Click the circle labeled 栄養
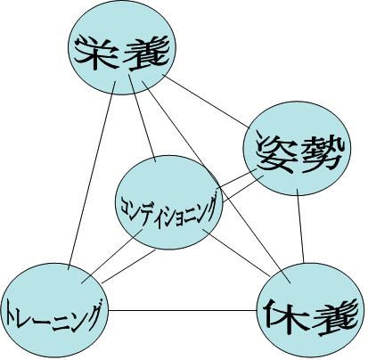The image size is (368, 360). pyautogui.click(x=122, y=47)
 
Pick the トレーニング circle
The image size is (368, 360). pyautogui.click(x=54, y=310)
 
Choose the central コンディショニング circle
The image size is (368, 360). pyautogui.click(x=168, y=202)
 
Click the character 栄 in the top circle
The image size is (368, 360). pyautogui.click(x=95, y=53)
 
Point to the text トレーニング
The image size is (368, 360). pyautogui.click(x=53, y=315)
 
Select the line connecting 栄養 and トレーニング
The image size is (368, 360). pyautogui.click(x=92, y=176)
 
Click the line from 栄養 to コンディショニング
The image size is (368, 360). pyautogui.click(x=142, y=119)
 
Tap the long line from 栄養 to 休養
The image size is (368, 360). pyautogui.click(x=216, y=182)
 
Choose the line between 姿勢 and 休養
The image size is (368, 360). pyautogui.click(x=300, y=226)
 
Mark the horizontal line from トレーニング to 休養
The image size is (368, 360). pyautogui.click(x=183, y=311)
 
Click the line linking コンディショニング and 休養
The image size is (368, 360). pyautogui.click(x=236, y=252)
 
